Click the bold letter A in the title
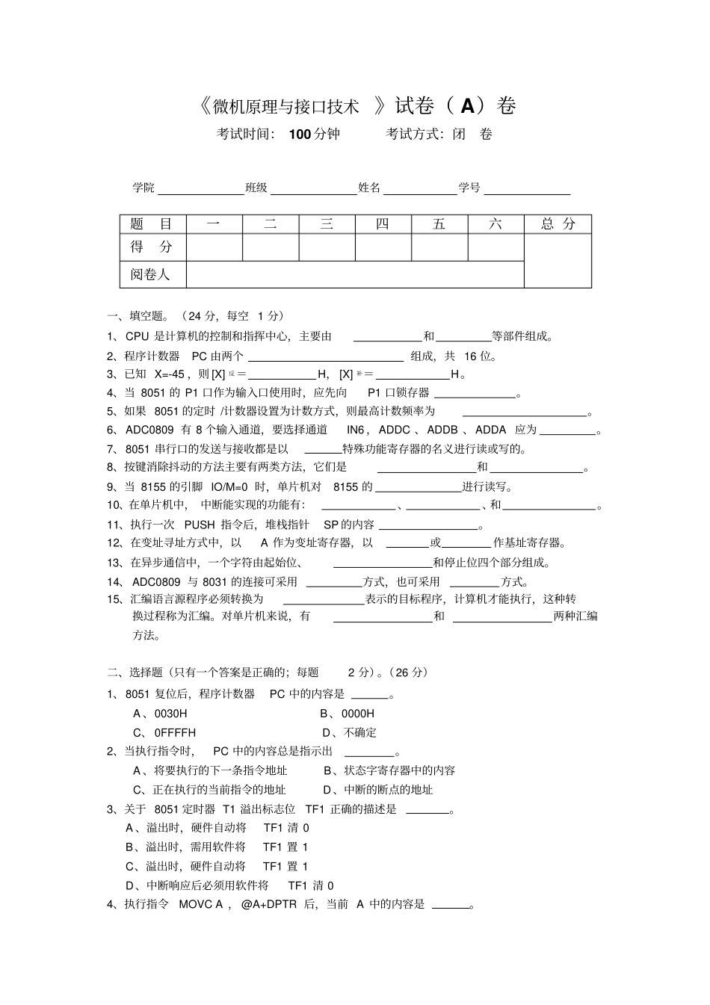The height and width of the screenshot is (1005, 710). click(468, 106)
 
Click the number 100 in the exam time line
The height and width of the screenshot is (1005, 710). click(299, 134)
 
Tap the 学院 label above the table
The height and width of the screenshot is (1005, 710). click(143, 188)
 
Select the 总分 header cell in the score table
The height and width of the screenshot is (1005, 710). click(558, 223)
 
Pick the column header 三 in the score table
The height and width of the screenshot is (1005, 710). click(327, 223)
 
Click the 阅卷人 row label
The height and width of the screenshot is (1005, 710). click(150, 274)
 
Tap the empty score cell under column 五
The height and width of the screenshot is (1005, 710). click(439, 247)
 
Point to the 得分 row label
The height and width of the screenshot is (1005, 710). click(151, 247)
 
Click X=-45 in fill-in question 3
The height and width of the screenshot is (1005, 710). click(169, 374)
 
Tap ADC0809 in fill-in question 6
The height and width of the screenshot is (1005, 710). click(149, 430)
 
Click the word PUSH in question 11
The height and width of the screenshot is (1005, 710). click(200, 525)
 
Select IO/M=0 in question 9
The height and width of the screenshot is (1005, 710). click(229, 486)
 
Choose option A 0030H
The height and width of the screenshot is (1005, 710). click(160, 714)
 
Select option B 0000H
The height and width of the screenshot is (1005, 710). click(348, 714)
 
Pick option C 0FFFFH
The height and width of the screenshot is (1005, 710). click(164, 732)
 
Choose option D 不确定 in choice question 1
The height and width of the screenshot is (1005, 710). click(350, 732)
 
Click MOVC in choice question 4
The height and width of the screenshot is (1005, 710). click(197, 904)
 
